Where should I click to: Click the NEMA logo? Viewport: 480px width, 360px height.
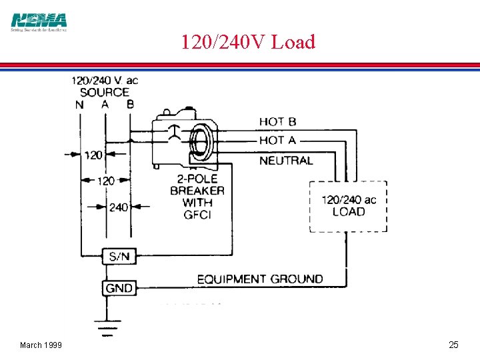(x=39, y=22)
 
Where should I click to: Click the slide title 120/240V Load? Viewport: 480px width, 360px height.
(x=247, y=42)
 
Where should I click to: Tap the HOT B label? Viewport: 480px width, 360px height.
(x=277, y=121)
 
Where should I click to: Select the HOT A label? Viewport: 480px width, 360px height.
(x=277, y=140)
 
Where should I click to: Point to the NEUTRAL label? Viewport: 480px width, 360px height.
(x=285, y=161)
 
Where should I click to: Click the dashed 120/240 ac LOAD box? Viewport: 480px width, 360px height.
(x=348, y=205)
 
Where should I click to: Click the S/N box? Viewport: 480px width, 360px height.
(x=119, y=256)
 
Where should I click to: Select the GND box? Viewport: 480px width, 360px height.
(x=119, y=288)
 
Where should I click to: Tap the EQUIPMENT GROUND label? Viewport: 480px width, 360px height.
(x=260, y=279)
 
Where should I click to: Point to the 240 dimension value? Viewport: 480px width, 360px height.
(x=118, y=207)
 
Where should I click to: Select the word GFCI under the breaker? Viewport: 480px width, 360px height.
(x=197, y=215)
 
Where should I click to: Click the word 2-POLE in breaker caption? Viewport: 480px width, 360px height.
(x=197, y=179)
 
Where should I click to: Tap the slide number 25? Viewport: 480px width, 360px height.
(x=453, y=345)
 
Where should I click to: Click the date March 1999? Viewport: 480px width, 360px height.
(x=41, y=345)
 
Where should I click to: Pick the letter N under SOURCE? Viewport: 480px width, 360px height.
(x=80, y=105)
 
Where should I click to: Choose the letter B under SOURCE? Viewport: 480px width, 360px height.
(x=129, y=105)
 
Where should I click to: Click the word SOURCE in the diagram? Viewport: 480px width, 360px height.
(x=105, y=93)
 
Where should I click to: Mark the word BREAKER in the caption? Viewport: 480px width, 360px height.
(x=197, y=191)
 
